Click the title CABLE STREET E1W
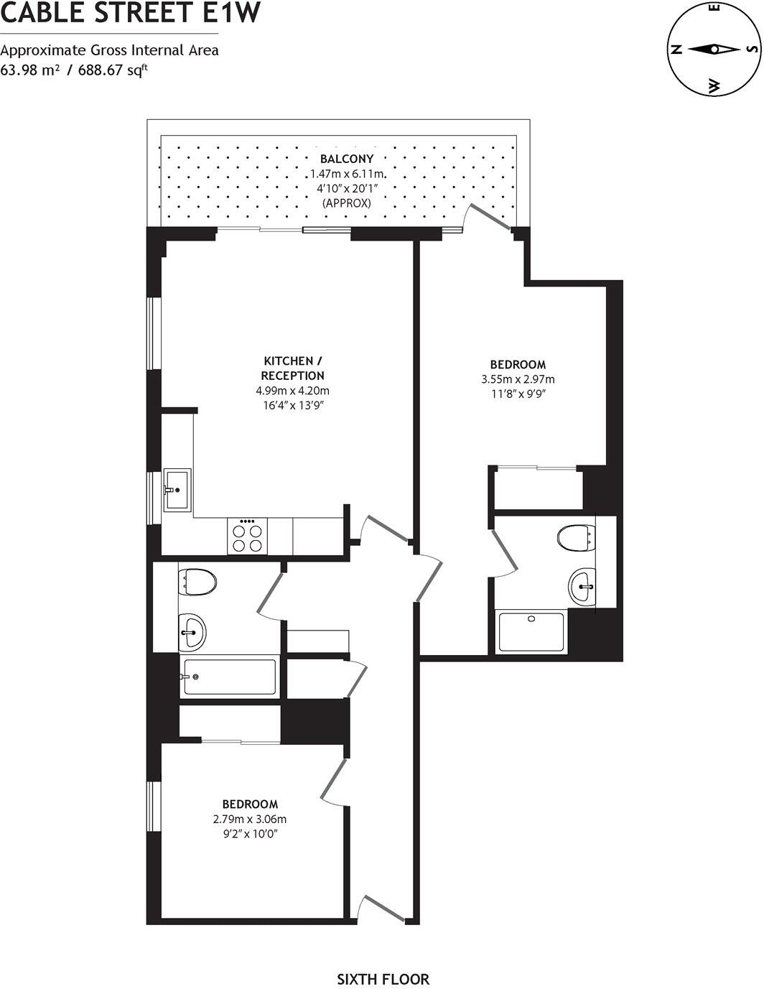[129, 14]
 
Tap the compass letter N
[675, 50]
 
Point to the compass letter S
[751, 50]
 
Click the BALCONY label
[347, 159]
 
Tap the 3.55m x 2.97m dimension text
[518, 379]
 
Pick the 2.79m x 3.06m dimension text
[250, 819]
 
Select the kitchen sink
[177, 490]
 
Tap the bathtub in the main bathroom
[228, 677]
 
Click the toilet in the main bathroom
[198, 581]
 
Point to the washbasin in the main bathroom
[192, 632]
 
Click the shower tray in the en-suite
[531, 632]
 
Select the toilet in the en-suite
[576, 537]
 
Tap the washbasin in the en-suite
[583, 585]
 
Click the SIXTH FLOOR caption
[383, 979]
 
